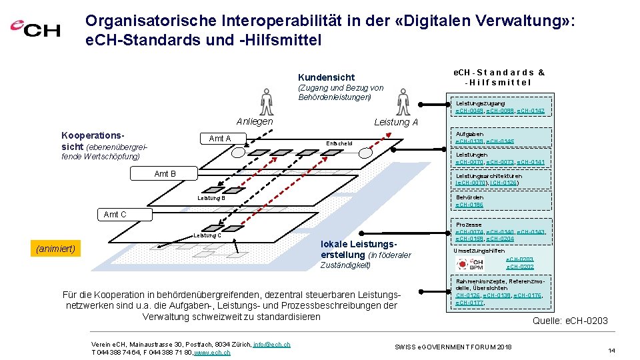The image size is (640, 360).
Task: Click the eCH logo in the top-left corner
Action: [35, 29]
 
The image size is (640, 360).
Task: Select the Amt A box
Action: [219, 139]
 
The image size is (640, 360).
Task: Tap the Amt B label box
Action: [165, 174]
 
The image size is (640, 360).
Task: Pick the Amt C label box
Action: [115, 214]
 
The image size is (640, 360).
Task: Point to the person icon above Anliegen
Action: [267, 103]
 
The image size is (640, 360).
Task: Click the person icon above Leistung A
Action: [403, 103]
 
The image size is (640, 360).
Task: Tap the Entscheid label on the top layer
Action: [339, 143]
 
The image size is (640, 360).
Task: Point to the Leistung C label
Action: [207, 235]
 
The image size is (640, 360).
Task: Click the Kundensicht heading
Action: [326, 77]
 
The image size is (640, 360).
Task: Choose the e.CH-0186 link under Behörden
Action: [469, 205]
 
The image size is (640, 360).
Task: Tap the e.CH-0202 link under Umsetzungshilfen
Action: [520, 266]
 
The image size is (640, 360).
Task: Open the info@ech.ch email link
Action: [271, 344]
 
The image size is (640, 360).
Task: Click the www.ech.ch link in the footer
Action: [211, 352]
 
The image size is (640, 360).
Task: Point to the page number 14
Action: [612, 350]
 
